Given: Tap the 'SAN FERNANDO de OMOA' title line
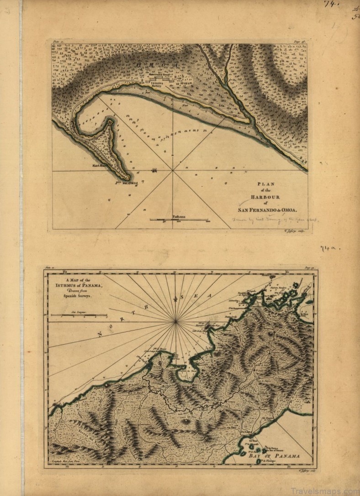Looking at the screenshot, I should pos(267,210).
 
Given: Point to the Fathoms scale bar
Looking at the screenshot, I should pos(178,220).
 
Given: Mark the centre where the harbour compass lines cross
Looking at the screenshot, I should pos(173,171).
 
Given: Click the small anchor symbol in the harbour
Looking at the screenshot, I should pos(154,170).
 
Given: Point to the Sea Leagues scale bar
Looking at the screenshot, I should pos(79,315).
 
